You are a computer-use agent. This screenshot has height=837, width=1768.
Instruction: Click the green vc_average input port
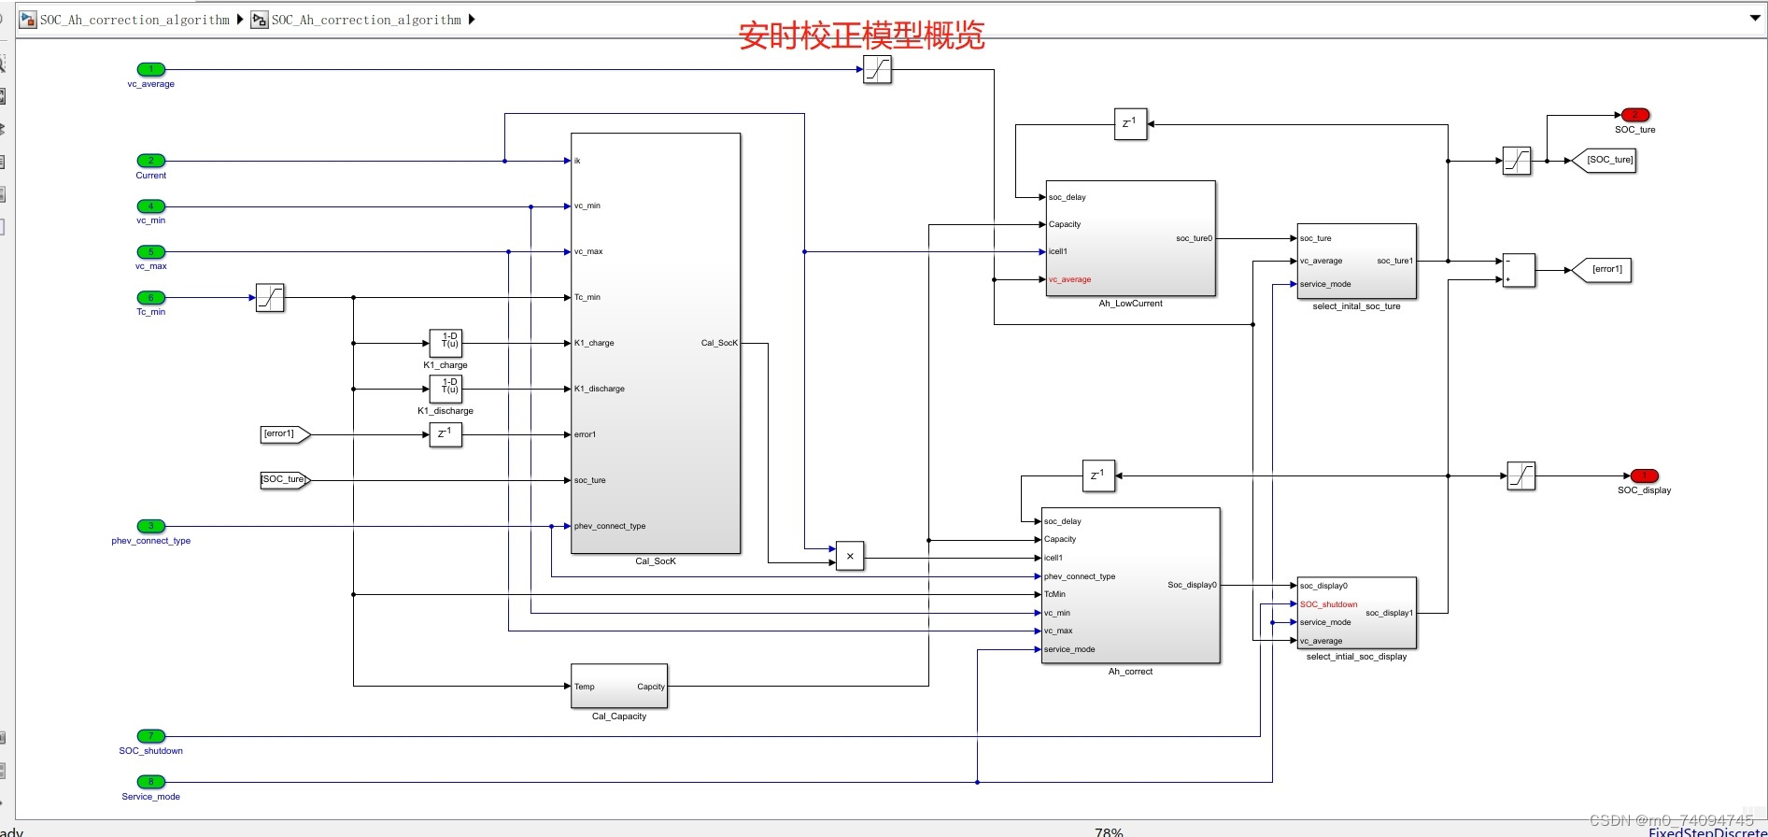pyautogui.click(x=150, y=69)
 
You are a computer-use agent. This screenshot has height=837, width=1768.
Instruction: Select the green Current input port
pyautogui.click(x=150, y=161)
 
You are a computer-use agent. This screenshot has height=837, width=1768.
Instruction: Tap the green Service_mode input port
pyautogui.click(x=150, y=782)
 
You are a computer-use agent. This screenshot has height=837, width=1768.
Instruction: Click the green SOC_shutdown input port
pyautogui.click(x=150, y=736)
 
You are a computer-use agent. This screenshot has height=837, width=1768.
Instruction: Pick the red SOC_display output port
pyautogui.click(x=1644, y=475)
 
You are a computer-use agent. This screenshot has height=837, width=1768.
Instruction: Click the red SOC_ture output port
pyautogui.click(x=1634, y=115)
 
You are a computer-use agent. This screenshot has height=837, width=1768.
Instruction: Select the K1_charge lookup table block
pyautogui.click(x=446, y=343)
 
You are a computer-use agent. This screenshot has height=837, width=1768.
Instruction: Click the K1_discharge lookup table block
pyautogui.click(x=446, y=389)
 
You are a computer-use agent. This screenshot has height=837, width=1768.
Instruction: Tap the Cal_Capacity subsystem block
pyautogui.click(x=619, y=687)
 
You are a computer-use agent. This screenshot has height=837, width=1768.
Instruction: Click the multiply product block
pyautogui.click(x=849, y=556)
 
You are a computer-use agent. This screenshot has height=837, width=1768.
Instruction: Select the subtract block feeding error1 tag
pyautogui.click(x=1519, y=270)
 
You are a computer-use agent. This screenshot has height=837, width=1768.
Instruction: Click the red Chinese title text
pyautogui.click(x=861, y=35)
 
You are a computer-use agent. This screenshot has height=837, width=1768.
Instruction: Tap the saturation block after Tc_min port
pyautogui.click(x=270, y=298)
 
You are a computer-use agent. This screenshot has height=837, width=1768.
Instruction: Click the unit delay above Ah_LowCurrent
pyautogui.click(x=1130, y=123)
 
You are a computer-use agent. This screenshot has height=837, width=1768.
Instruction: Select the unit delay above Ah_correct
pyautogui.click(x=1097, y=475)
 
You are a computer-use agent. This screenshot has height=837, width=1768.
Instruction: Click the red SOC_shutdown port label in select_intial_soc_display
pyautogui.click(x=1328, y=604)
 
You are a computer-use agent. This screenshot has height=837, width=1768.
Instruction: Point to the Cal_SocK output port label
pyautogui.click(x=718, y=343)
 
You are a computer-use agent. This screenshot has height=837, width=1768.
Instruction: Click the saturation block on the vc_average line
pyautogui.click(x=877, y=69)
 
